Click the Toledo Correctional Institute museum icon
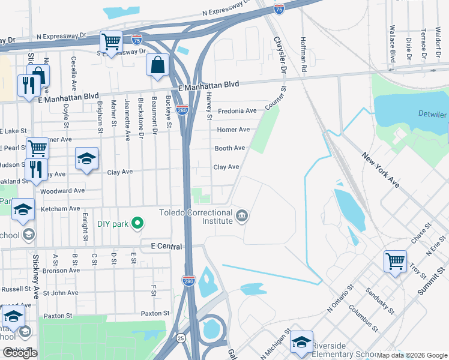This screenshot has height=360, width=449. coord(242,215)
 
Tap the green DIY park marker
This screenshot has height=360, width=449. coord(137,224)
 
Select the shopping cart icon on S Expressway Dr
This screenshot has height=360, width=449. coord(111,42)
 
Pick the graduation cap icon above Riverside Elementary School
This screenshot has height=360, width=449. coord(301,342)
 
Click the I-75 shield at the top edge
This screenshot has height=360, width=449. coord(279,8)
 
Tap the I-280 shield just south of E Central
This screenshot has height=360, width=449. coord(188,280)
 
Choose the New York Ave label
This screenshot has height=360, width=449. coord(380,170)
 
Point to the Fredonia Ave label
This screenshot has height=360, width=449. coord(237,111)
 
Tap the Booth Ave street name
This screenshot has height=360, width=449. coord(230,148)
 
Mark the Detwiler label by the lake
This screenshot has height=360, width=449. coord(432,115)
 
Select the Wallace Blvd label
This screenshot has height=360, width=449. coord(393,44)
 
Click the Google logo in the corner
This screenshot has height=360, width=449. coord(19,353)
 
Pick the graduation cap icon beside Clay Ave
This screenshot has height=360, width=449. coord(87,159)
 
